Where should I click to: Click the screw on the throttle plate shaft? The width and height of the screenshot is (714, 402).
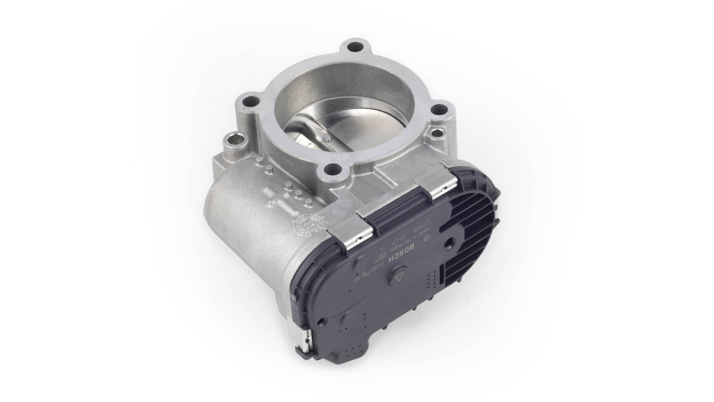[328, 138]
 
